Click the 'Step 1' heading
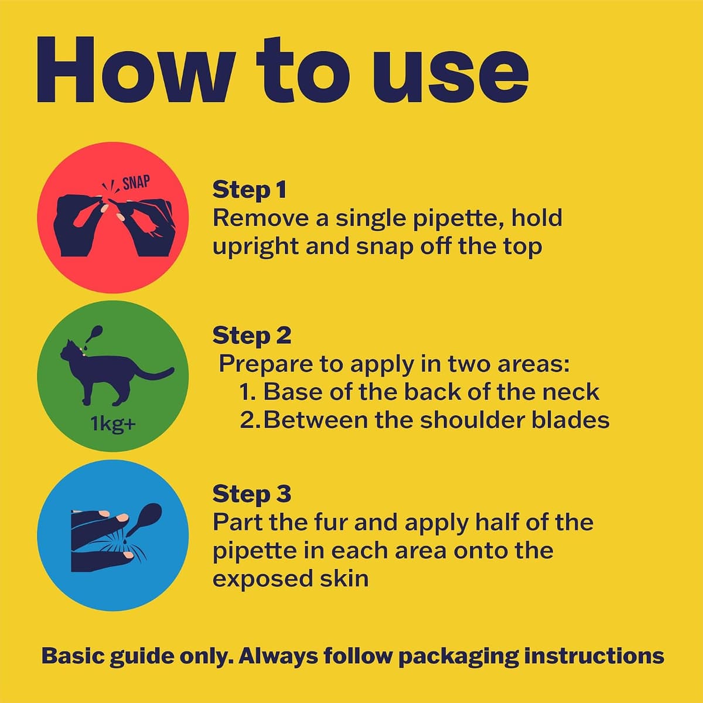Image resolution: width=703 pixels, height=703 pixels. [x=250, y=190]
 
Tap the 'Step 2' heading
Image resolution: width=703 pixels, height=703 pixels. [x=252, y=336]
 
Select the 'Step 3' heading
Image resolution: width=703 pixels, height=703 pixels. [x=252, y=494]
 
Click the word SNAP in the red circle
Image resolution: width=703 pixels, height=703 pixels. [x=136, y=182]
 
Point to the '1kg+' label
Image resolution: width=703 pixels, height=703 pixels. [x=113, y=424]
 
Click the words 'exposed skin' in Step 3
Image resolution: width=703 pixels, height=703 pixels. [x=291, y=579]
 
